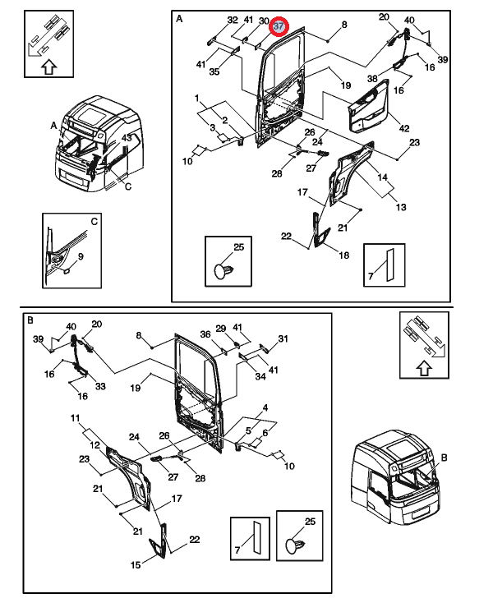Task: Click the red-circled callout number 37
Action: pos(279,25)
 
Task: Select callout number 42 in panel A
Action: pos(403,128)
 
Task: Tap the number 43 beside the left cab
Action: pos(128,138)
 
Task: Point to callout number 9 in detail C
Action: pos(81,257)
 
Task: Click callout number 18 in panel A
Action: pos(343,255)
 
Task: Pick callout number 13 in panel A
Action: pos(401,207)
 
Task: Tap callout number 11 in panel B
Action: pos(74,419)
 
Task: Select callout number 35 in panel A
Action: pos(214,72)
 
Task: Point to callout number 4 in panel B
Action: pos(265,408)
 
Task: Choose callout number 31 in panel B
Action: pos(283,338)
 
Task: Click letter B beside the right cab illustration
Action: pos(443,457)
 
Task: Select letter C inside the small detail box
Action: pos(94,222)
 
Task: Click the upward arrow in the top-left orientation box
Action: pos(48,67)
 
